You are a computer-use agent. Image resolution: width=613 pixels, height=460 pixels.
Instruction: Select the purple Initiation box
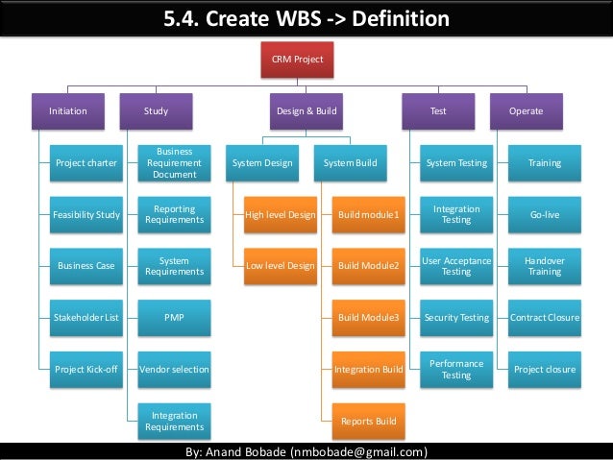(x=68, y=111)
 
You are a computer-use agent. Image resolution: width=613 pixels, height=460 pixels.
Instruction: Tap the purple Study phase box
(x=156, y=111)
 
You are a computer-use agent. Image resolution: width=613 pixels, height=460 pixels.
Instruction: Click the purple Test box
(x=438, y=111)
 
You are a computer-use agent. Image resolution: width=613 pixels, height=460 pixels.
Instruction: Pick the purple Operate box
(x=526, y=111)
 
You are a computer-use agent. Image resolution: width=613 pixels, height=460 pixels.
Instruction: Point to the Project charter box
(x=86, y=163)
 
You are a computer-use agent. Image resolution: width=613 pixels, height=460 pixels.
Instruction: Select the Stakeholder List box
(x=86, y=317)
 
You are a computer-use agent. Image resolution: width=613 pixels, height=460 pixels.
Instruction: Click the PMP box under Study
(x=174, y=317)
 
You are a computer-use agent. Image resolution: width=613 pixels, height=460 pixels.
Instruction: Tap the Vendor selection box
(x=174, y=369)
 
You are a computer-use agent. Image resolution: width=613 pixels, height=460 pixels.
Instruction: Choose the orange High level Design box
(x=280, y=215)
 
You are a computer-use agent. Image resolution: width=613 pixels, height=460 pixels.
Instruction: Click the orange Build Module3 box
(x=368, y=317)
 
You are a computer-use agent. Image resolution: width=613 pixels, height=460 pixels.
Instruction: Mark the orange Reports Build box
(x=368, y=421)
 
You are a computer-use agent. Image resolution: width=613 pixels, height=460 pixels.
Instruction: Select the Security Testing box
(x=456, y=317)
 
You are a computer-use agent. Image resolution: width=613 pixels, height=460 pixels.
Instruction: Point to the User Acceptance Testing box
(x=456, y=266)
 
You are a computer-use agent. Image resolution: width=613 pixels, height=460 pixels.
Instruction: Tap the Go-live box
(x=545, y=215)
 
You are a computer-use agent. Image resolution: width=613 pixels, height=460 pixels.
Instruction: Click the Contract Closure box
(x=545, y=317)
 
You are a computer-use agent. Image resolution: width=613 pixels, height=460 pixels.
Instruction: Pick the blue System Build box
(x=350, y=163)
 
